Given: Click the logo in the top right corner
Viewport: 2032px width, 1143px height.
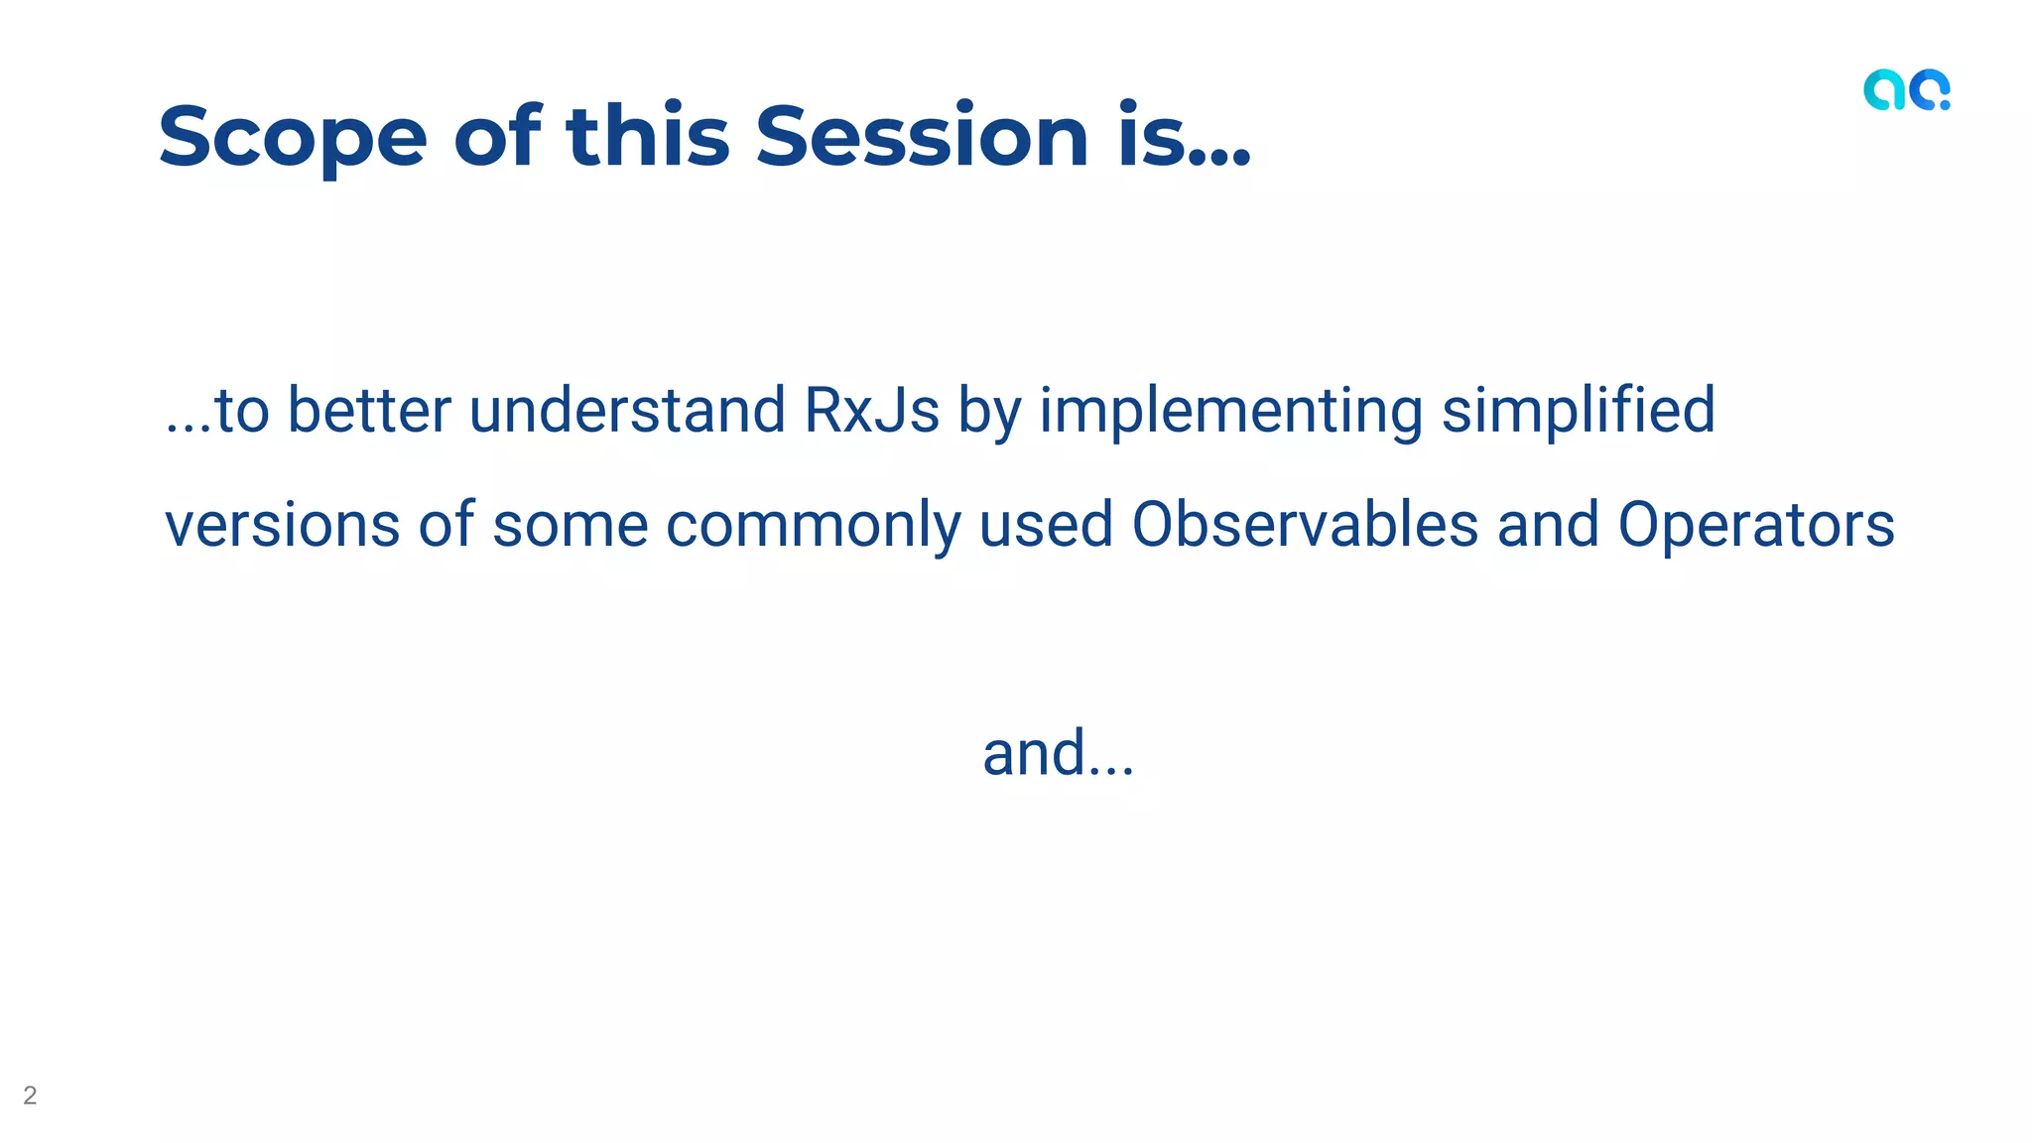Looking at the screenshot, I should coord(1906,90).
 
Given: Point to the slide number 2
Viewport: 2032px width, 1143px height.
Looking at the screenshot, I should coord(30,1095).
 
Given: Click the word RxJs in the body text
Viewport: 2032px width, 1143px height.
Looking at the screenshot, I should coord(871,411).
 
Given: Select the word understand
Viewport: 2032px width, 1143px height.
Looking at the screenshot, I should coord(627,411).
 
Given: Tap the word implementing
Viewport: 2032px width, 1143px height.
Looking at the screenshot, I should coord(1230,411).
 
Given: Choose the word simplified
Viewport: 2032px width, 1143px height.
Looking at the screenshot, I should coord(1578,411).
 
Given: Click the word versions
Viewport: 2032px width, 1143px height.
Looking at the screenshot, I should coord(282,525).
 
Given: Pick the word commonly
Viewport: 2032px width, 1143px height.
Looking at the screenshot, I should coord(813,527).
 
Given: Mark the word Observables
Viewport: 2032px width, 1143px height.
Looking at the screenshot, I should coord(1305,525).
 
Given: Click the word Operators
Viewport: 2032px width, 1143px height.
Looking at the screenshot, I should coord(1756,525).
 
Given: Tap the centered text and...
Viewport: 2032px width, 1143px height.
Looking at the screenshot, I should coord(1058,753).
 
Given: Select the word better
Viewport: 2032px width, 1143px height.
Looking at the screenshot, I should coord(369,411).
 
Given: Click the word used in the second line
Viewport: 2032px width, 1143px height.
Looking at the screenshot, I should coord(1045,525).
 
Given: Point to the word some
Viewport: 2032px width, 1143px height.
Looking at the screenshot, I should coord(570,527).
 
